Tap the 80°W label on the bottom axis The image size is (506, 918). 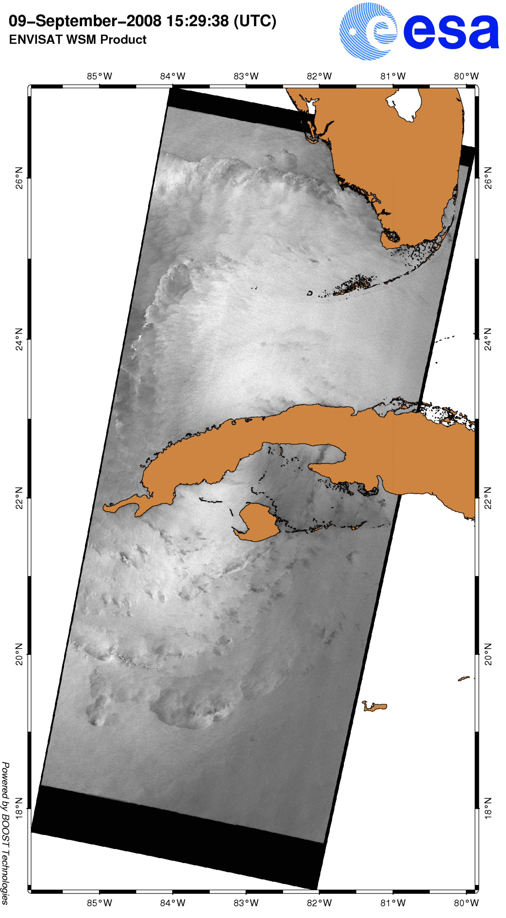tap(466, 903)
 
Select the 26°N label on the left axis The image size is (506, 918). tap(18, 178)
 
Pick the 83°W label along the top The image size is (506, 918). tap(246, 76)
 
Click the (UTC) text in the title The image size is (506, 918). tap(255, 21)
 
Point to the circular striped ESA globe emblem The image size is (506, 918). tap(368, 31)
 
